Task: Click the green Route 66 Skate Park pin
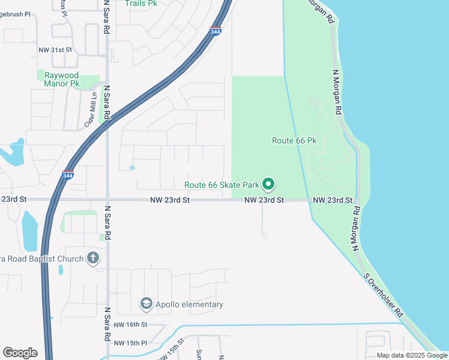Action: [x=269, y=184]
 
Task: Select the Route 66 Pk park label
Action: [x=294, y=140]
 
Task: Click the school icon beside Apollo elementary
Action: [x=145, y=304]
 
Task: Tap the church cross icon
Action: [x=92, y=258]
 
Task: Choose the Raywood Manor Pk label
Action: [x=62, y=79]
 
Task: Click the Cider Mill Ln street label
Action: [x=91, y=110]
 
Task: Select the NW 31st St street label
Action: [x=55, y=50]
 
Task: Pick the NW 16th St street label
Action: [x=130, y=325]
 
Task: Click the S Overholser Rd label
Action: [x=385, y=297]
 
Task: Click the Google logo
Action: [x=20, y=353]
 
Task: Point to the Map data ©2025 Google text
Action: [x=412, y=355]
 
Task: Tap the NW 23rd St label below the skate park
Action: [x=264, y=200]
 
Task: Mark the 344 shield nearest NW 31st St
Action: [x=215, y=32]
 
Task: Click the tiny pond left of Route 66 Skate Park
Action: [x=132, y=167]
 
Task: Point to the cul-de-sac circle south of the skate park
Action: [x=264, y=235]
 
